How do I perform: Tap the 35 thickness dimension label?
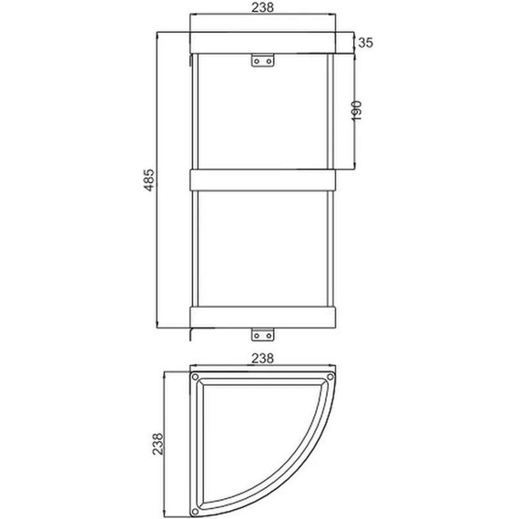pos(366,42)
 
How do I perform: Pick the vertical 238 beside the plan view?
pos(158,443)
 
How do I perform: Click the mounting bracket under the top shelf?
pos(261,60)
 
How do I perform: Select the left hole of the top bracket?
pos(256,61)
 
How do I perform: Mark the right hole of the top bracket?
pos(267,61)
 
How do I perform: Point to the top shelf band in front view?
pos(261,42)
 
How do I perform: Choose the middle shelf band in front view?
pos(261,178)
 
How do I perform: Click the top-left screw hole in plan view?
pos(196,376)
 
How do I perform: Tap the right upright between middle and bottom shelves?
pos(329,246)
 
